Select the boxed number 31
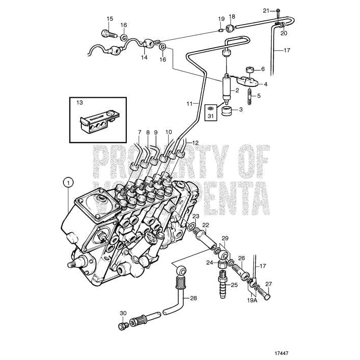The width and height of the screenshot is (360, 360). click(210, 116)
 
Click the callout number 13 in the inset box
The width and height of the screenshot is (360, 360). click(80, 103)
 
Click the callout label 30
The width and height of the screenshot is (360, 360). click(123, 313)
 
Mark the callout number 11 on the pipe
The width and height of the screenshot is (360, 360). click(190, 104)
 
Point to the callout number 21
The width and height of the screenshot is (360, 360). click(266, 10)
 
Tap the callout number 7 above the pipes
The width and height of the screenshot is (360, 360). click(139, 132)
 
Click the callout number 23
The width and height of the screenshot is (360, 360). click(196, 216)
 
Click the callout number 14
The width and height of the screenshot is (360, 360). click(144, 57)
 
